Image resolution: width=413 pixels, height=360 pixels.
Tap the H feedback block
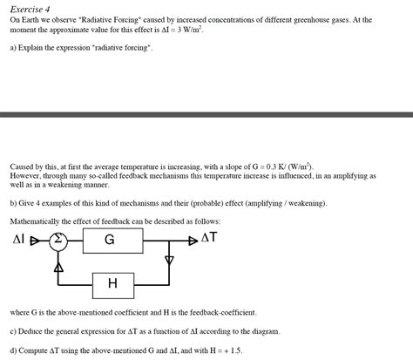click(112, 282)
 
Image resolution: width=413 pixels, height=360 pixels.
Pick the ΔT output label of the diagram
click(209, 238)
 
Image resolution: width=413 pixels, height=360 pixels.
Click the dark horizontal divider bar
click(206, 114)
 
